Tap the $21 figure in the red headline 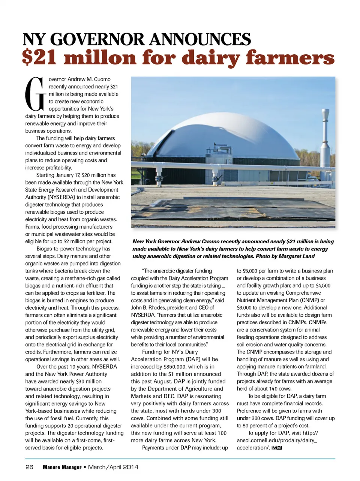point(41,58)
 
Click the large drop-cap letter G point(36,93)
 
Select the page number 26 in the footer point(29,467)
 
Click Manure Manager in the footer point(62,467)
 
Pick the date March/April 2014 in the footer point(113,467)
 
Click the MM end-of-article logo point(277,448)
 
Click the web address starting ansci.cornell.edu point(276,440)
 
